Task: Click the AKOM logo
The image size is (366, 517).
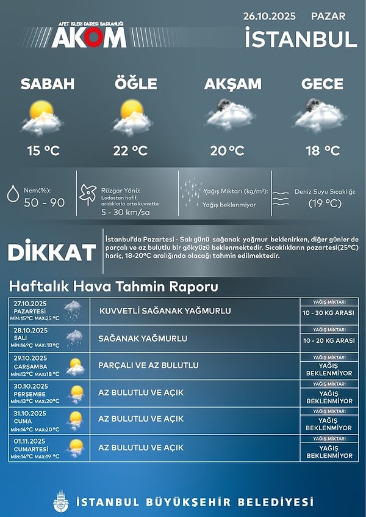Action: click(88, 37)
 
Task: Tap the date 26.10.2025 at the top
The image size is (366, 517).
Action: click(269, 16)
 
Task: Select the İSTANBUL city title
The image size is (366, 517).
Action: click(300, 39)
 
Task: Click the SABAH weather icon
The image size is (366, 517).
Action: click(43, 117)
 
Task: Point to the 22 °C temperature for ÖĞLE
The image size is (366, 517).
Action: click(131, 150)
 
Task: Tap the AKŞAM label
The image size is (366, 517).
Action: click(233, 84)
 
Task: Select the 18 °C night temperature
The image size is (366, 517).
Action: click(323, 150)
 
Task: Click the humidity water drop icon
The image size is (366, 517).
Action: click(12, 194)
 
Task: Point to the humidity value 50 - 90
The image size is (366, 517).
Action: click(44, 202)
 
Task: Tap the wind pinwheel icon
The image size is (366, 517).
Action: click(88, 194)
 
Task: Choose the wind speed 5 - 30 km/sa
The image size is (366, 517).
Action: click(126, 213)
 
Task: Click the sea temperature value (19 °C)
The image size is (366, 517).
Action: click(325, 203)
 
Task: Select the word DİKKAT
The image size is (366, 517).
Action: click(52, 252)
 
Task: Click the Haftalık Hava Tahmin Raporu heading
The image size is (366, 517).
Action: click(113, 287)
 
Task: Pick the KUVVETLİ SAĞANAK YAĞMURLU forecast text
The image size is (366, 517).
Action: click(165, 311)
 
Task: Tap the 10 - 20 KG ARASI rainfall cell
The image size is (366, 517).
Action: click(329, 341)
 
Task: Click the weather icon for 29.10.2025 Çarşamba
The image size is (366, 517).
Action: click(75, 367)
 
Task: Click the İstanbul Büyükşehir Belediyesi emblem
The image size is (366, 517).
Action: click(61, 501)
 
